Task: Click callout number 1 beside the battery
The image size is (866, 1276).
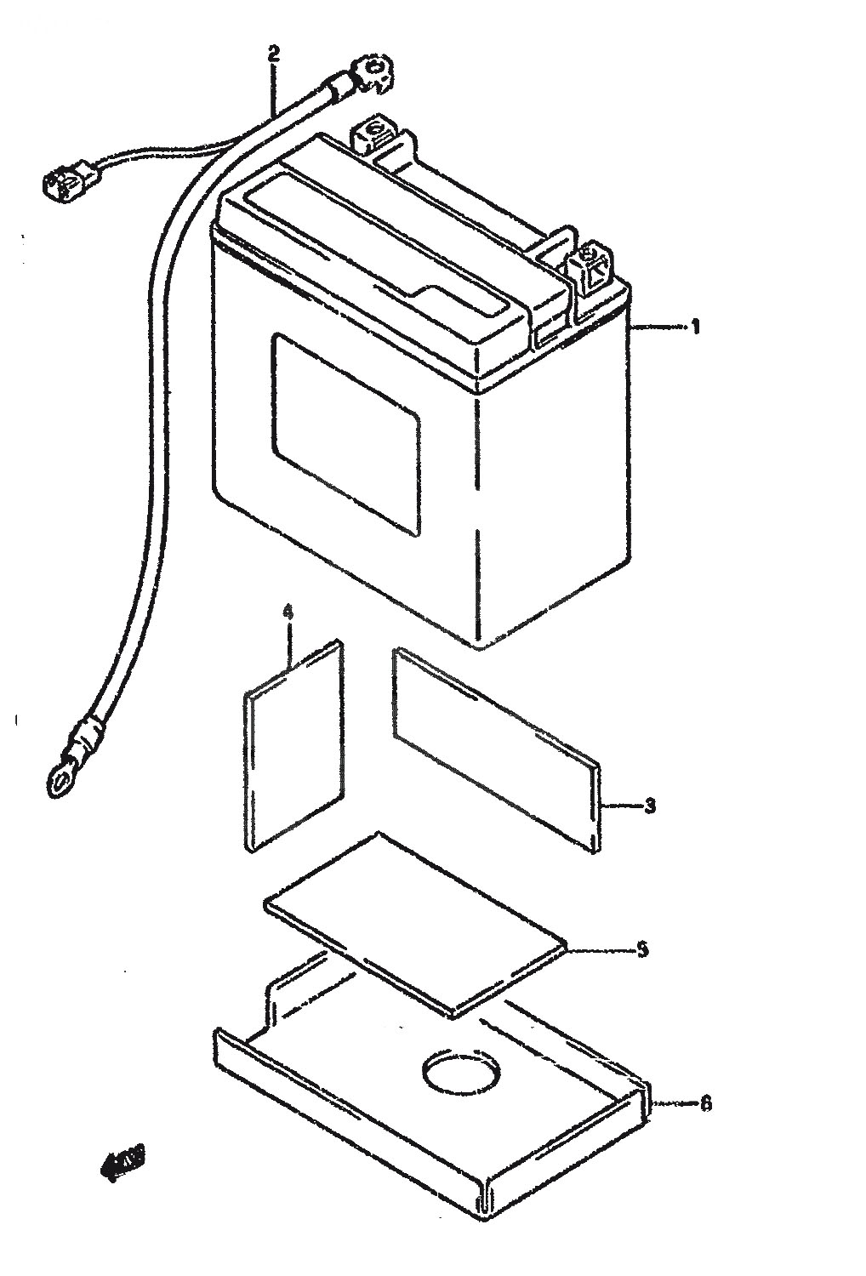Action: (x=695, y=327)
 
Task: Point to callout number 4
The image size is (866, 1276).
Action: (x=288, y=612)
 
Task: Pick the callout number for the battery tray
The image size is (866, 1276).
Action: (x=705, y=1104)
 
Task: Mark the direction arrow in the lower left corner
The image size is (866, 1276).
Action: (x=120, y=1163)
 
